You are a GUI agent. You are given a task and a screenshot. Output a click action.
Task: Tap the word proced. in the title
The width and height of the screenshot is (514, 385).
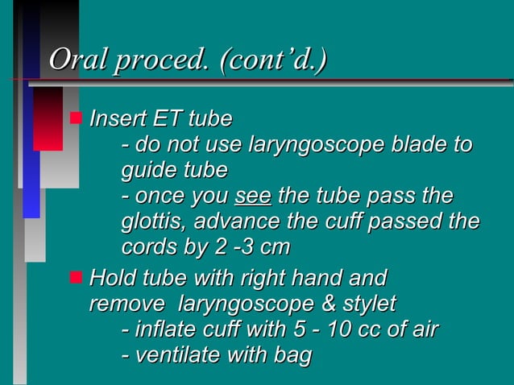coord(159,60)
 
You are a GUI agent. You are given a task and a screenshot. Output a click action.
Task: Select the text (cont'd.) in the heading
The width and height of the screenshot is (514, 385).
coord(271,60)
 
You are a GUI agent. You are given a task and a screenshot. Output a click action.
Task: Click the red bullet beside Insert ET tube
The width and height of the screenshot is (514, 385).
coord(76,118)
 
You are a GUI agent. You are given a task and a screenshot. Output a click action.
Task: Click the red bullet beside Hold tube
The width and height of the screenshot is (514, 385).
coord(76,278)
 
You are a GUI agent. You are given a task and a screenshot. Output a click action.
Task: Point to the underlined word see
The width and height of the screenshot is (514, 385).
coord(253,197)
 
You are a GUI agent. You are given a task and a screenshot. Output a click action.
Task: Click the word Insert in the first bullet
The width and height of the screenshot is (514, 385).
coord(119,119)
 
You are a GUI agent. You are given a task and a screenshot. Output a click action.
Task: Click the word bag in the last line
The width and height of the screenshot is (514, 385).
coord(292,356)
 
